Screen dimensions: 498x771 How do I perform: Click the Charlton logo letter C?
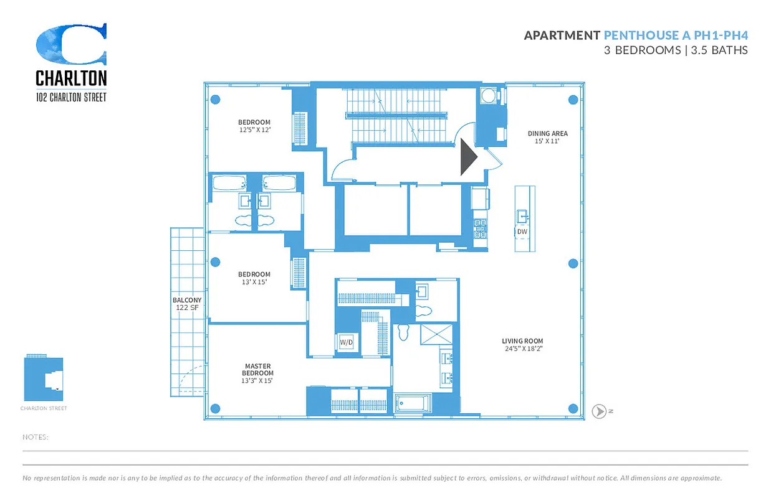[x=71, y=45]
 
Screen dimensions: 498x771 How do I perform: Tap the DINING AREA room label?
[x=547, y=137]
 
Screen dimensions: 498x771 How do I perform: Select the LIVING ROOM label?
[x=522, y=344]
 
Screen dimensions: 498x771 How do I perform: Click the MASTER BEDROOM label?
[x=257, y=373]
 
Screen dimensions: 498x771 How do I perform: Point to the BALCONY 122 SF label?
[x=186, y=303]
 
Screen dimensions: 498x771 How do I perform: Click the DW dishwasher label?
[x=522, y=232]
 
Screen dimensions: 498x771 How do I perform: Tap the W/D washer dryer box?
[x=346, y=342]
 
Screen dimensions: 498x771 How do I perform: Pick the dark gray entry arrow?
[x=468, y=157]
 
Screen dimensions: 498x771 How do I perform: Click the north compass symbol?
[x=599, y=411]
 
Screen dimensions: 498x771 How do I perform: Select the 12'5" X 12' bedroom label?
[x=254, y=126]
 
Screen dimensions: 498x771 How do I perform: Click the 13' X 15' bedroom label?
[x=254, y=278]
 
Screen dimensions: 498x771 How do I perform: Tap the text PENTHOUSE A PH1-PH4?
[x=676, y=35]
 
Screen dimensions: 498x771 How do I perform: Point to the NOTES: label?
[x=36, y=437]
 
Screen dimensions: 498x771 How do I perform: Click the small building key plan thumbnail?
[x=44, y=378]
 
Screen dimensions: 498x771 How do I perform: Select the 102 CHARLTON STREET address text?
[x=71, y=97]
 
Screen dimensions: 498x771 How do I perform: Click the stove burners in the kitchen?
[x=480, y=228]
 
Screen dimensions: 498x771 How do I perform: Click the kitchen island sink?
[x=522, y=216]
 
